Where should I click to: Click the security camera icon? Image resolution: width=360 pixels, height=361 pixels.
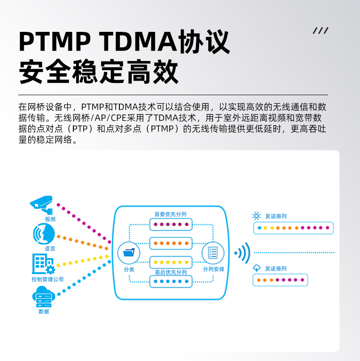[x=41, y=205]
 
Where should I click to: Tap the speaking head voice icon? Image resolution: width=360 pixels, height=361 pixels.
[x=44, y=234]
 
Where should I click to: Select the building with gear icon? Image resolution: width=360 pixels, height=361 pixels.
[x=43, y=264]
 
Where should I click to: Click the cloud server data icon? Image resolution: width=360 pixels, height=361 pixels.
[x=44, y=296]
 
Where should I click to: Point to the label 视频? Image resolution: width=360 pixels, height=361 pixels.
[x=50, y=219]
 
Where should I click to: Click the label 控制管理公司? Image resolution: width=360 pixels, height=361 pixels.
[x=48, y=279]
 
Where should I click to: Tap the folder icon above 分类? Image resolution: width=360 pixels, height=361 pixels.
[x=129, y=253]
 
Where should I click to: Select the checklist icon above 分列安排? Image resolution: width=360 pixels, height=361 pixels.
[x=213, y=253]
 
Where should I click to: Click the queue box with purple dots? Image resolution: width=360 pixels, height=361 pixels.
[x=171, y=224]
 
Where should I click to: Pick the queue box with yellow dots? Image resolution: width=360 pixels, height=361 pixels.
[x=171, y=262]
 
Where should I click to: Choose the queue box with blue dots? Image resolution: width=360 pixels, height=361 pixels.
[x=171, y=281]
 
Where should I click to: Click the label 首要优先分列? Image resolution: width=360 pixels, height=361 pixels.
[x=170, y=214]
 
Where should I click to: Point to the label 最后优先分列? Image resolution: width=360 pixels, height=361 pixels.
[x=170, y=272]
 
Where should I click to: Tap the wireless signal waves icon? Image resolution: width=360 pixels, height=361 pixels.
[x=242, y=253]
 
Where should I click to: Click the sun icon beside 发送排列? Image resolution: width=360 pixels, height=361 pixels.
[x=256, y=216]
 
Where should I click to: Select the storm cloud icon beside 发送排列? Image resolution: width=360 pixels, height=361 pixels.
[x=257, y=268]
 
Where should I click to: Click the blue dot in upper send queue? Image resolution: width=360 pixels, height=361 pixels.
[x=259, y=228]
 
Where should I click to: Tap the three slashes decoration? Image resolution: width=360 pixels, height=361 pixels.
[x=320, y=31]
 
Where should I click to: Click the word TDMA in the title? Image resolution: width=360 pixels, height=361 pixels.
[x=138, y=41]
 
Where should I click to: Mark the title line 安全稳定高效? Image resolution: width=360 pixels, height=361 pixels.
[x=98, y=71]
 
